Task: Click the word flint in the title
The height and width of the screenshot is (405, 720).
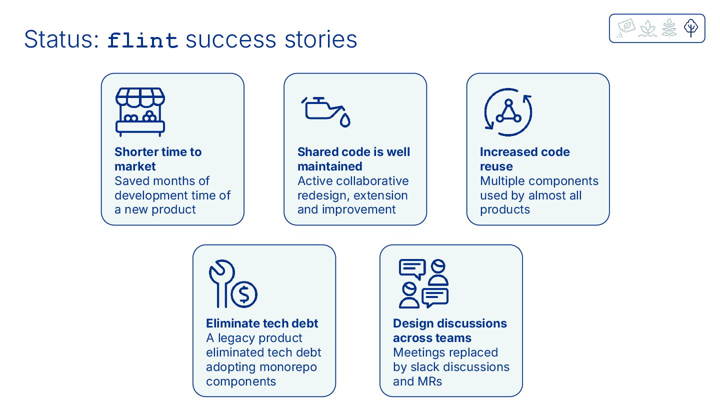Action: point(143,40)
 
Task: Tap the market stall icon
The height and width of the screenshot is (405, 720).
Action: point(140,112)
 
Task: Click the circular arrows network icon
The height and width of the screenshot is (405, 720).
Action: point(508,112)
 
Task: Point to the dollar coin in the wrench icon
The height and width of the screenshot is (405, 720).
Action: point(244,294)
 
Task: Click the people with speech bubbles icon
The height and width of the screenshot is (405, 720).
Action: point(424,283)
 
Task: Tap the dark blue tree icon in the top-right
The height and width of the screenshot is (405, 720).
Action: point(691,28)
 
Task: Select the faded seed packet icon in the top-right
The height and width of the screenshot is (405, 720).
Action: point(625,27)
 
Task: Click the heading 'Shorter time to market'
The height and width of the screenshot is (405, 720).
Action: point(158,159)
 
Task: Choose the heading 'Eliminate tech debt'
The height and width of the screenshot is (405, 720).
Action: point(262,323)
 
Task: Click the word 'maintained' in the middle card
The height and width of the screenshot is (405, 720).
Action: point(329,166)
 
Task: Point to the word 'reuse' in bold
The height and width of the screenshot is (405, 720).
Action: point(496,166)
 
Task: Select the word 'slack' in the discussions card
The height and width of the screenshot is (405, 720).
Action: point(427,367)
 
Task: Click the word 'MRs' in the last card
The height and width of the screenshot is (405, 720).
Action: point(429,381)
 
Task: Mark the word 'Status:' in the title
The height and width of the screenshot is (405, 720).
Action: point(61,39)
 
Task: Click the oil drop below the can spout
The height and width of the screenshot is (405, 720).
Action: point(345,120)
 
